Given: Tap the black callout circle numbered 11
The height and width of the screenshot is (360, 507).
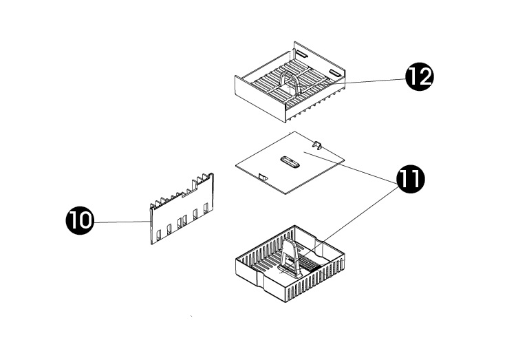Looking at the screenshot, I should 410,179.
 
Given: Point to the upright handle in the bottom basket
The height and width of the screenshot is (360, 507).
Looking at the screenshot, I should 292,255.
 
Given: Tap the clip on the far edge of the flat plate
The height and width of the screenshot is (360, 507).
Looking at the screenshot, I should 318,145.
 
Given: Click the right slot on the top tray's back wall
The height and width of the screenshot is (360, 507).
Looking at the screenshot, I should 335,73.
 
